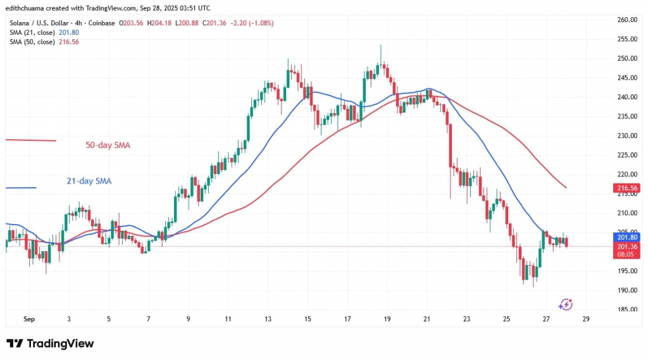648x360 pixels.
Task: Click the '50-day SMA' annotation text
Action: (108, 146)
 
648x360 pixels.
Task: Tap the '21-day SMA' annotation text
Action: (89, 181)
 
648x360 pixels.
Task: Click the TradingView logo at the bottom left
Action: (50, 344)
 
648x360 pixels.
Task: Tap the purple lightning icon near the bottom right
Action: (566, 304)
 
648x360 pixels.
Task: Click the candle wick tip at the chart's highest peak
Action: (380, 45)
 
